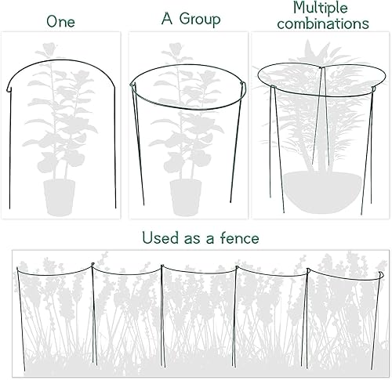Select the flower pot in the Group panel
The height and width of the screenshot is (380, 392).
(x=185, y=197)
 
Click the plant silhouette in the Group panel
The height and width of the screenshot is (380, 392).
(x=185, y=118)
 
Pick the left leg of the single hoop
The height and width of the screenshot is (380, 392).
(x=10, y=157)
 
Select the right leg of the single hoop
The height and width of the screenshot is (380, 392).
(x=115, y=157)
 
